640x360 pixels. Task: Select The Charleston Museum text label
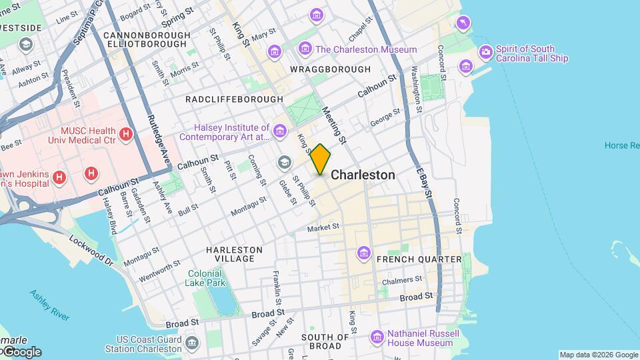(x=366, y=49)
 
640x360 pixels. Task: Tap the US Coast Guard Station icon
(x=193, y=343)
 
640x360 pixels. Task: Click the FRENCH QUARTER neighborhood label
(x=419, y=259)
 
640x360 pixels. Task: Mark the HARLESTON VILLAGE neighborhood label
(x=234, y=254)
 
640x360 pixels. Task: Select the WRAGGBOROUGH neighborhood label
(x=330, y=69)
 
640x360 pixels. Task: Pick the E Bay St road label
(x=423, y=180)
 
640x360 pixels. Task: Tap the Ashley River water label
(x=50, y=305)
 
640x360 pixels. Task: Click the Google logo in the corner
(x=21, y=351)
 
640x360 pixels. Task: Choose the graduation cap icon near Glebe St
(x=285, y=163)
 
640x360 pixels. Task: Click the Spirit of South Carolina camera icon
(x=486, y=52)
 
